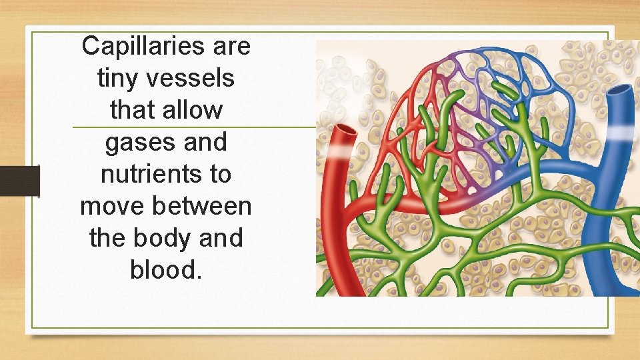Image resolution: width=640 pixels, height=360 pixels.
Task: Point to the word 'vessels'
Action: click(x=193, y=79)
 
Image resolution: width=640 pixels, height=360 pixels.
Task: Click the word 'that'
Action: click(x=130, y=110)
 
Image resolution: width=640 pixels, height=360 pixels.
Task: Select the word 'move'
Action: click(x=113, y=206)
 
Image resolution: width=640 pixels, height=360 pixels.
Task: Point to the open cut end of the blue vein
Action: click(x=619, y=91)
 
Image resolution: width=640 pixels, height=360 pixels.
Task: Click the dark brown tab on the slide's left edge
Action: click(x=19, y=181)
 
